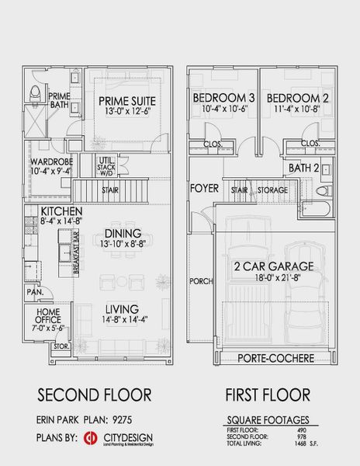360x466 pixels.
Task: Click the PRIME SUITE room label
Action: [128, 101]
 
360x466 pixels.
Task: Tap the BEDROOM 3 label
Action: [223, 98]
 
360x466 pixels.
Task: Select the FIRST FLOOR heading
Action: [268, 395]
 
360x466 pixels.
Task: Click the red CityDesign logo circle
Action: [90, 438]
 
